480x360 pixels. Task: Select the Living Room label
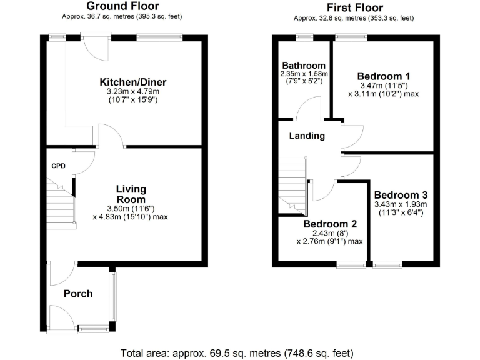(x=131, y=194)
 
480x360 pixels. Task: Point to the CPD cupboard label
(x=58, y=166)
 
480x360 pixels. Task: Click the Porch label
(x=78, y=294)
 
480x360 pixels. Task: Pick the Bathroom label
(x=304, y=66)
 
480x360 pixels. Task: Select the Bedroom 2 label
(x=330, y=224)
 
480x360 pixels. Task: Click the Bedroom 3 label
(x=401, y=194)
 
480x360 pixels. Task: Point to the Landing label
(x=307, y=136)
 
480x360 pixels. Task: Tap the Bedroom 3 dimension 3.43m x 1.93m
(x=401, y=204)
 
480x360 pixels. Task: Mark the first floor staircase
(x=291, y=184)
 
